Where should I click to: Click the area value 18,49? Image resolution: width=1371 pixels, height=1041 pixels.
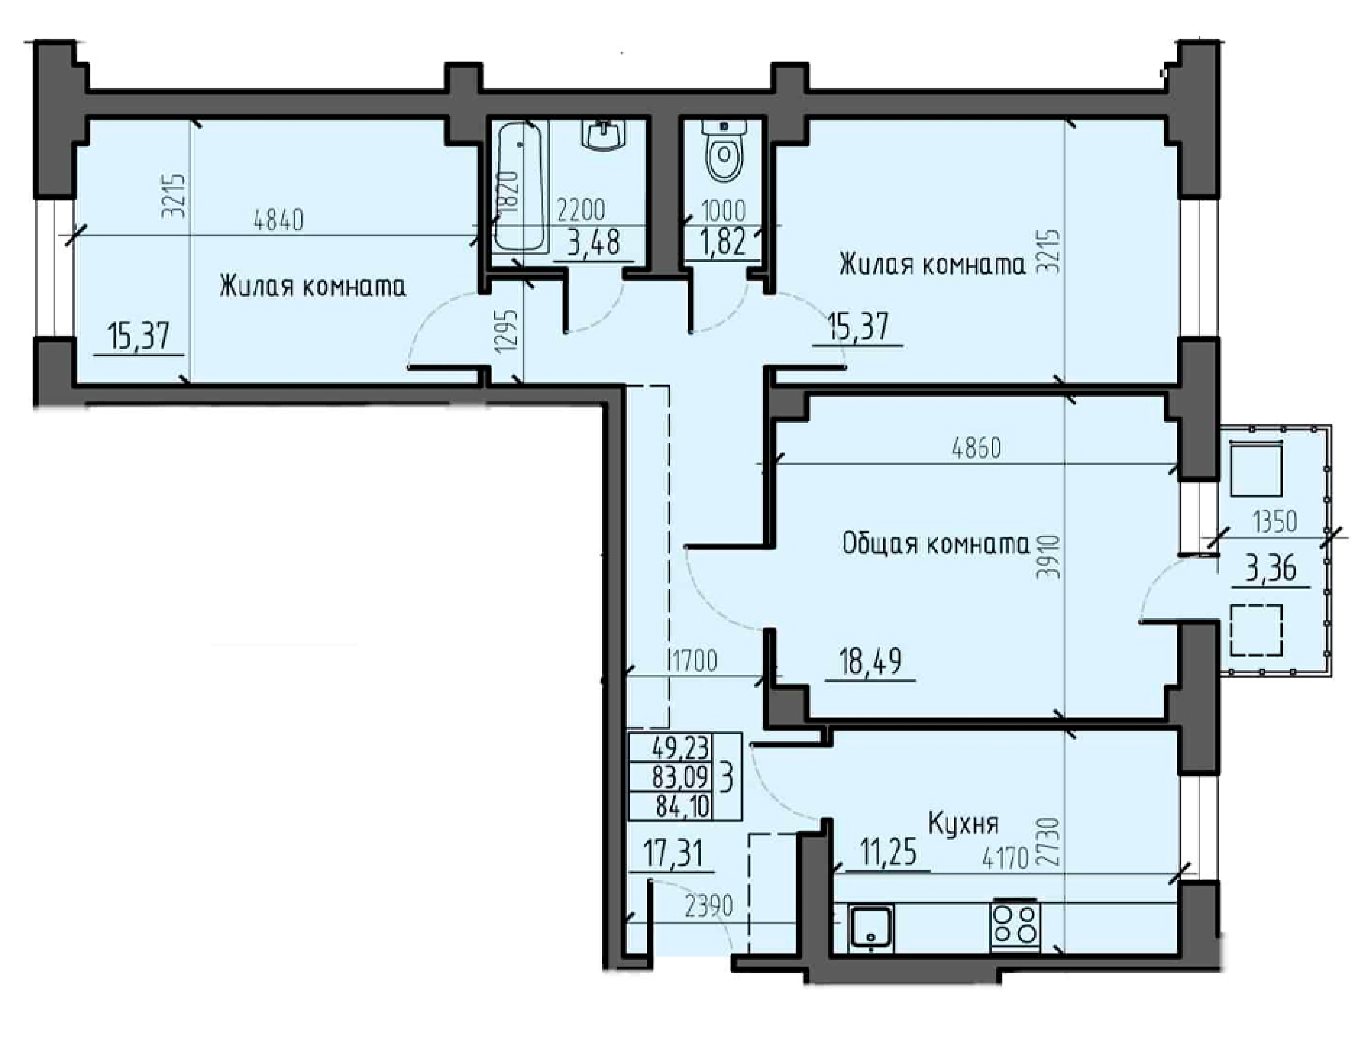pos(871,662)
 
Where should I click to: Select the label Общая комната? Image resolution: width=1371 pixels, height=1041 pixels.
pos(936,544)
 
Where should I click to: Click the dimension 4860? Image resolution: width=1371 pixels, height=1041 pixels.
pos(976,448)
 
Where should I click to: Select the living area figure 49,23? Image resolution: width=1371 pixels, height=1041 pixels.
pos(680,748)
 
